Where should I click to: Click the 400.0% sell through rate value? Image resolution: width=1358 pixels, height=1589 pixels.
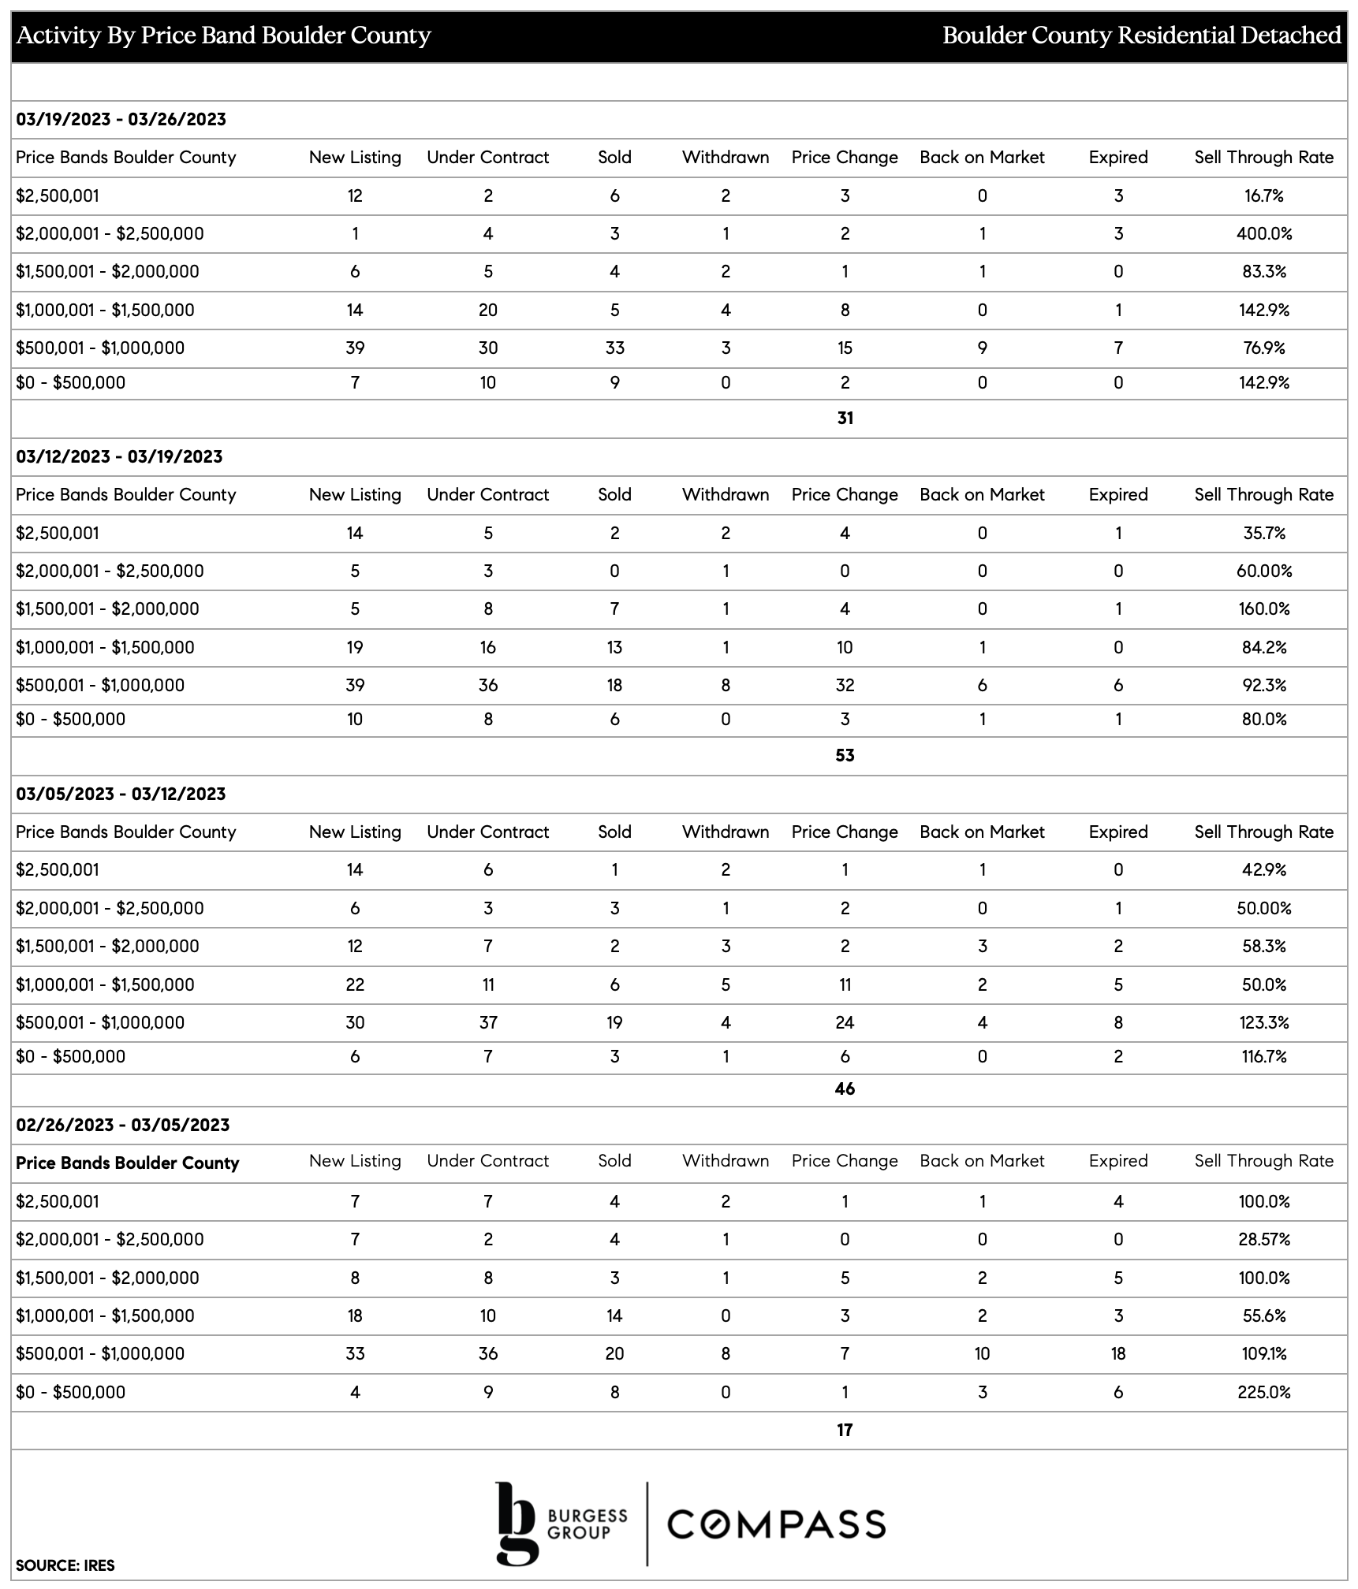(1263, 233)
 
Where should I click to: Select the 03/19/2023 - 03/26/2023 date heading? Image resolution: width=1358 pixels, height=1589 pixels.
(121, 119)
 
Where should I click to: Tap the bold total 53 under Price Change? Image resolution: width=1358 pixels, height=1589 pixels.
(845, 755)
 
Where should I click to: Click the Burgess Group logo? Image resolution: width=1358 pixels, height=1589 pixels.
(561, 1524)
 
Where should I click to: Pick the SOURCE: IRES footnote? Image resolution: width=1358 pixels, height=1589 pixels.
(65, 1565)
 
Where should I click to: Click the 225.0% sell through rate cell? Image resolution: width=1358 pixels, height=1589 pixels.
(1263, 1392)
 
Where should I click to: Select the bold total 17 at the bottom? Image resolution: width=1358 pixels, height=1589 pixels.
(845, 1430)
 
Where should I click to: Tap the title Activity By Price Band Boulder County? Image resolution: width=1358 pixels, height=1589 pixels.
(224, 35)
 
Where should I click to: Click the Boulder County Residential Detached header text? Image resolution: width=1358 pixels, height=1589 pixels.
(1141, 35)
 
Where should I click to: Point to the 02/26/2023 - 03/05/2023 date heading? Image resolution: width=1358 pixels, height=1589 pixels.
(122, 1125)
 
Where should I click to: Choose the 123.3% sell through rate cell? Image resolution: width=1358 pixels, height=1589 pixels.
(1263, 1022)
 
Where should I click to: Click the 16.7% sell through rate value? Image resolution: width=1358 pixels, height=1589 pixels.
(1263, 195)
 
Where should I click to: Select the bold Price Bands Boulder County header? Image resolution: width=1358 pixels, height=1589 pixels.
(127, 1163)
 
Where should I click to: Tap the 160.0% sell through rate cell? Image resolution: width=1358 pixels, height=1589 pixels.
(1263, 608)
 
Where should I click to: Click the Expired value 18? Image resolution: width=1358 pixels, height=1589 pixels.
(1117, 1353)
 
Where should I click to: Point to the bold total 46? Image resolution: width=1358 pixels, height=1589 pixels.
(845, 1088)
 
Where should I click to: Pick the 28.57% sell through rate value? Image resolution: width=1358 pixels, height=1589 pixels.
(1263, 1239)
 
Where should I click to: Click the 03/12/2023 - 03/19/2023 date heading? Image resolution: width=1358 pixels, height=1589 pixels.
(119, 456)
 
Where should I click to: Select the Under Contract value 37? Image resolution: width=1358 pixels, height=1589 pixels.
(488, 1022)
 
